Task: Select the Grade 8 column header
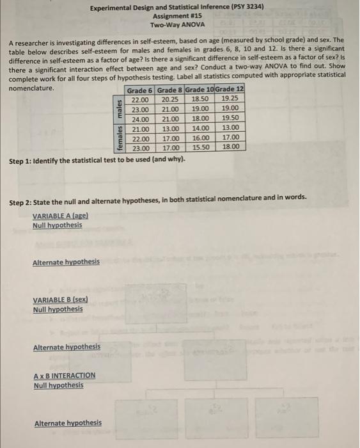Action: [x=170, y=90]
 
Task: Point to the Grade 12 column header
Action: [x=230, y=90]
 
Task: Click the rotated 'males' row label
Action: [x=119, y=109]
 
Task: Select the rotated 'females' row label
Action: [x=119, y=138]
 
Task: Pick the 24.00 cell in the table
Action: [x=140, y=119]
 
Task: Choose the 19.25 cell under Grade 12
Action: [x=230, y=100]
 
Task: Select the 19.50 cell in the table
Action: [x=230, y=119]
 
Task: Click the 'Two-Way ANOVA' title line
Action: [x=177, y=25]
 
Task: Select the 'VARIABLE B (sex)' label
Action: [x=60, y=300]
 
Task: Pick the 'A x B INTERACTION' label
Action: [x=65, y=376]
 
